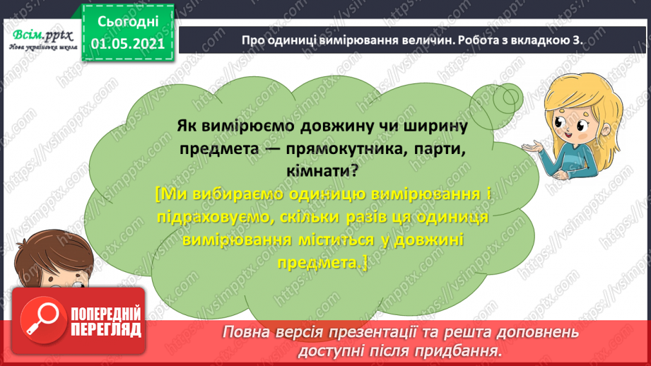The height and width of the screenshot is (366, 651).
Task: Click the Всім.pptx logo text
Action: coord(38,35)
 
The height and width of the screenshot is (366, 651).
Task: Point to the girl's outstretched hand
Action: coord(532,146)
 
